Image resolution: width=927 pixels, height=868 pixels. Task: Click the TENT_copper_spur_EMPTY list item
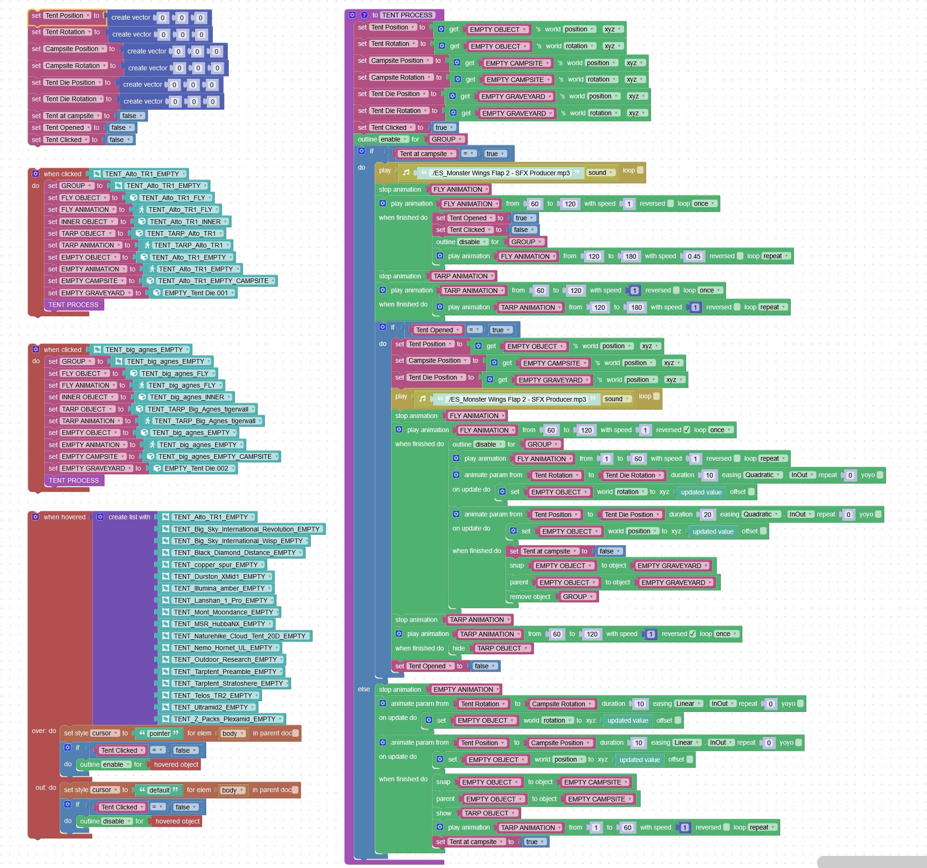coord(212,564)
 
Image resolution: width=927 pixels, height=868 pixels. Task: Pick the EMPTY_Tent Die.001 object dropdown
coord(193,292)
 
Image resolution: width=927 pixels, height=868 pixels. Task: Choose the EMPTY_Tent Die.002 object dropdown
coord(193,468)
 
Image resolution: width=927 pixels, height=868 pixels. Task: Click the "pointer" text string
coord(159,733)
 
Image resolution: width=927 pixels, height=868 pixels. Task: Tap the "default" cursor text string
coord(159,790)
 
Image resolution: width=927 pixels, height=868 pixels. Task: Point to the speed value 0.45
coord(694,256)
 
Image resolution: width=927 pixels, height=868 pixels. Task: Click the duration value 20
coord(707,514)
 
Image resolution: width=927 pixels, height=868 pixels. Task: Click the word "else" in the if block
coord(364,689)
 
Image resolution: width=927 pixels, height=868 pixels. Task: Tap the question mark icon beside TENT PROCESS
coord(364,15)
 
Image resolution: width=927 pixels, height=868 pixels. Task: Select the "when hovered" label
coord(65,517)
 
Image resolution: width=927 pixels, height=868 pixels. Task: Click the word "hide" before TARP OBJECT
coord(458,648)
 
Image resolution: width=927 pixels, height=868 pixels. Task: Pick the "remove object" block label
coord(530,596)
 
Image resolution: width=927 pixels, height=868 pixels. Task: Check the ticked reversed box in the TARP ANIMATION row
coord(692,634)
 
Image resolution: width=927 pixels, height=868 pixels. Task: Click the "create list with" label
coord(129,517)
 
